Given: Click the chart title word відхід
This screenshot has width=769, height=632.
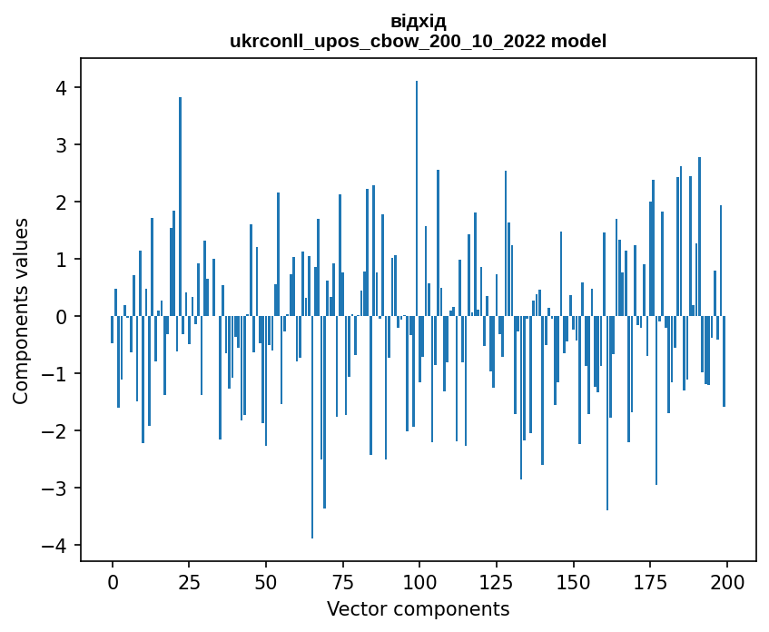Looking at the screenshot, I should coord(418,21).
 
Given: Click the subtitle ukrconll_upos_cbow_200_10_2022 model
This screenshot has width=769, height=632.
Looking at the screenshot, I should coord(418,41).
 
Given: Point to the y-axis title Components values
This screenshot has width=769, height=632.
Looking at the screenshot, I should coord(20,311).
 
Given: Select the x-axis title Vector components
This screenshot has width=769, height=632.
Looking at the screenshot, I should coord(418,608).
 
